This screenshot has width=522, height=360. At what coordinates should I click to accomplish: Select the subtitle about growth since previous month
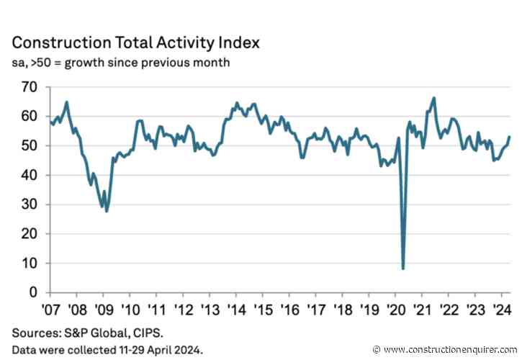click(121, 63)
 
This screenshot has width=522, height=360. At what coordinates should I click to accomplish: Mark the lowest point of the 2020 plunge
click(403, 269)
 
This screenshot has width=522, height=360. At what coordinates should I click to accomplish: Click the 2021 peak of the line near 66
click(434, 98)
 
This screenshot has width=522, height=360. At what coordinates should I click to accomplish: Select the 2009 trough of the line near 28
click(107, 211)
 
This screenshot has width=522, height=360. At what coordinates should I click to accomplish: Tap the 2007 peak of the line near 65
click(66, 102)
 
